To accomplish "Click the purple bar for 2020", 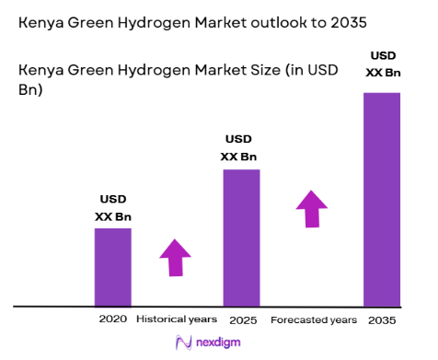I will pos(113,266).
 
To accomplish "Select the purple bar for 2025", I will pos(242,237).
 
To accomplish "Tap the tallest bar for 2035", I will pos(382,198).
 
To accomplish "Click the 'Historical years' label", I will pos(176,319).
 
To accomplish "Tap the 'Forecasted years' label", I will pos(313,319).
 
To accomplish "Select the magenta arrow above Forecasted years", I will pos(312,209).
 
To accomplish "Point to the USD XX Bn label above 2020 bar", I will pos(113,207).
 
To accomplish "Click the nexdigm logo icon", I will pos(181,343).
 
